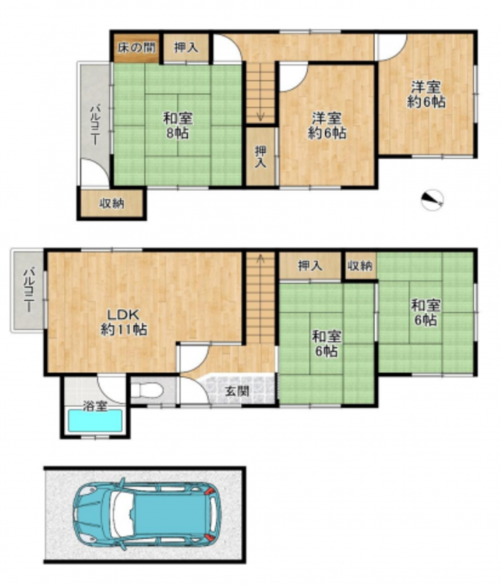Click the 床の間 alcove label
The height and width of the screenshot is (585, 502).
click(136, 48)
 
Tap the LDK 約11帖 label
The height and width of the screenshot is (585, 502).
click(123, 322)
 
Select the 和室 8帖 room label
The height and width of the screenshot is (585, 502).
click(178, 126)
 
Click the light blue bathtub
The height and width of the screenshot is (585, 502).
click(95, 421)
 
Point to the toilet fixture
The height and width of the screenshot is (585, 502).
click(147, 391)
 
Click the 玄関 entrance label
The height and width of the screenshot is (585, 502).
click(237, 392)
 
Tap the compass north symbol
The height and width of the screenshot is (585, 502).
click(433, 200)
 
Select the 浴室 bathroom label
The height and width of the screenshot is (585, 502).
click(95, 406)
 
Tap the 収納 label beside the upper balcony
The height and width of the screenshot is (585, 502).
click(112, 204)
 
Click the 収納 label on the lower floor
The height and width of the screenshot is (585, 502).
click(360, 266)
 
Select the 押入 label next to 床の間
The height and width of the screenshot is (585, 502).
click(186, 48)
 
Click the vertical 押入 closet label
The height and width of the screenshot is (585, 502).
click(260, 157)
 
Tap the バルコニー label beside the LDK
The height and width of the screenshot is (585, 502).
click(29, 289)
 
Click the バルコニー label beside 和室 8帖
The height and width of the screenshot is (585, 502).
click(96, 125)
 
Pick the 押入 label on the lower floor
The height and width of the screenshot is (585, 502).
click(309, 266)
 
